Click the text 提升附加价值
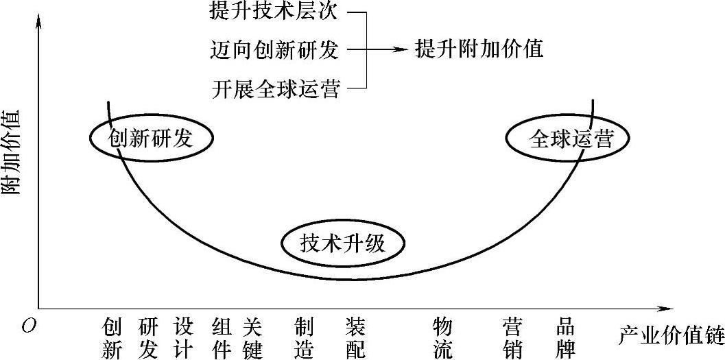[x=479, y=49]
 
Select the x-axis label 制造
[x=304, y=337]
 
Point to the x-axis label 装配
[x=355, y=337]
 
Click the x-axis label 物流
[x=443, y=337]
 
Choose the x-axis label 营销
[x=513, y=337]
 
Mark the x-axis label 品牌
[x=565, y=337]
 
